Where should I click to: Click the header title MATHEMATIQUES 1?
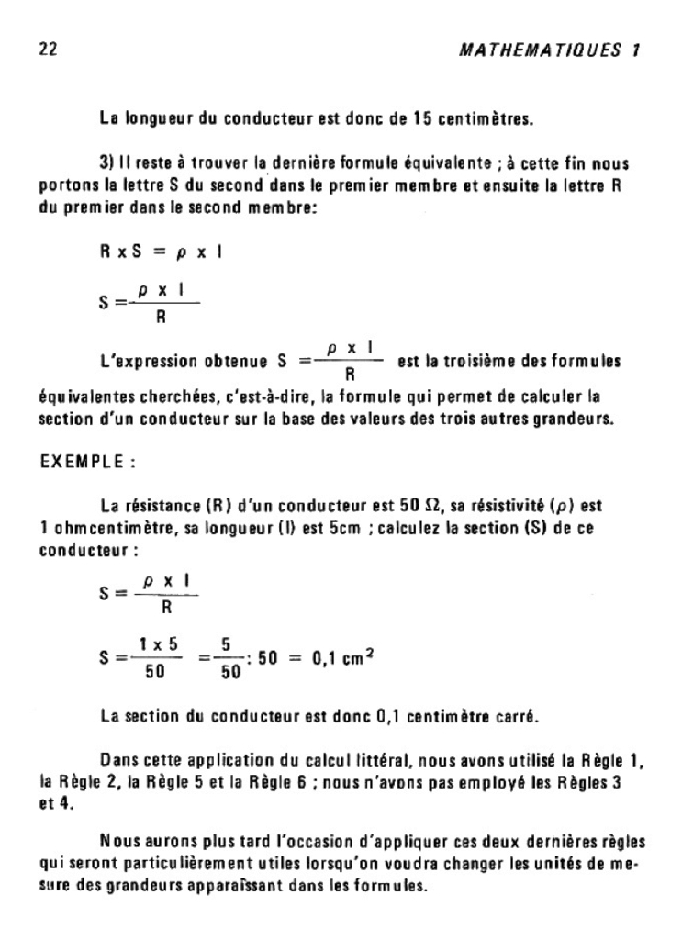(x=548, y=50)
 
